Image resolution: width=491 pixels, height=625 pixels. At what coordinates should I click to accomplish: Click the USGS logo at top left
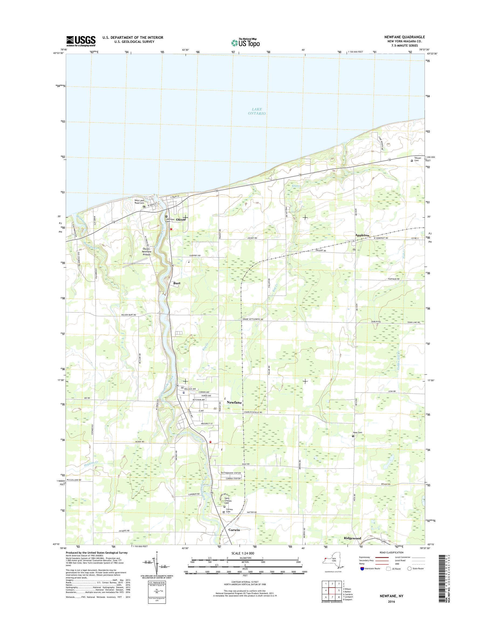pyautogui.click(x=81, y=41)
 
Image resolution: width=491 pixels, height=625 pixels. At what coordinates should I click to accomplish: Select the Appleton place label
pyautogui.click(x=362, y=235)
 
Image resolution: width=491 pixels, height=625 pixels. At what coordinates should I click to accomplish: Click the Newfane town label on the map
pyautogui.click(x=234, y=402)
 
